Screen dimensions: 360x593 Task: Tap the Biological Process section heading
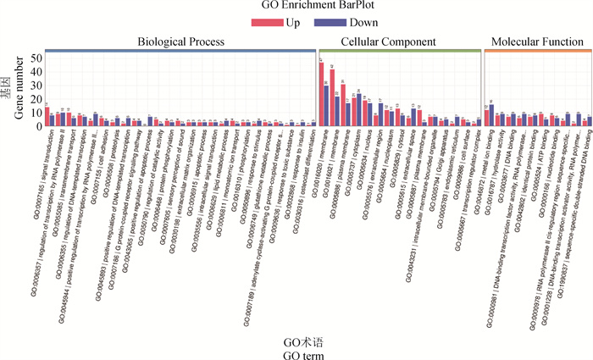[x=181, y=42]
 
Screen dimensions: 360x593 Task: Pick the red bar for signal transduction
[x=47, y=117]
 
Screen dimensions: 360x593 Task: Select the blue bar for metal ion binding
[x=492, y=115]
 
